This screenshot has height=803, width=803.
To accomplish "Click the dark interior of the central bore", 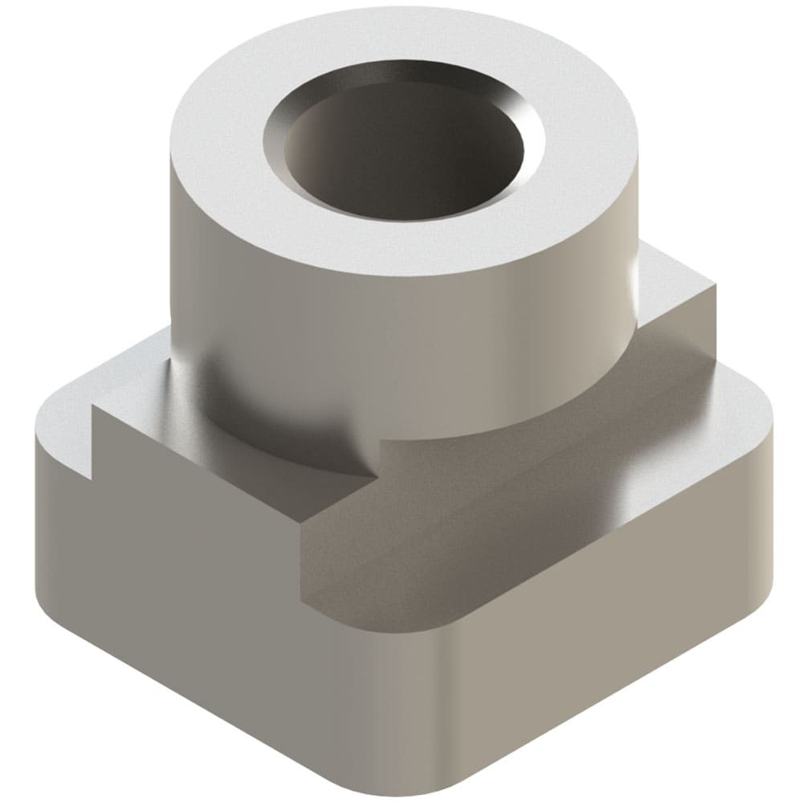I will click(401, 157).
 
